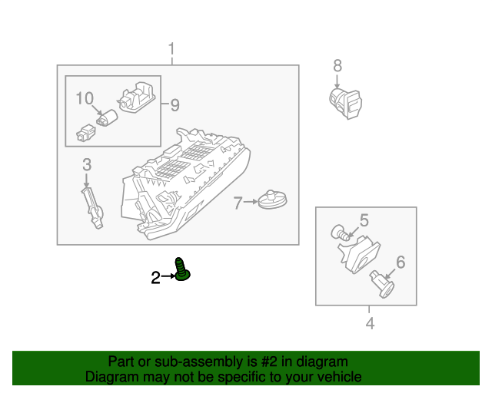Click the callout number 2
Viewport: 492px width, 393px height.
click(155, 278)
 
